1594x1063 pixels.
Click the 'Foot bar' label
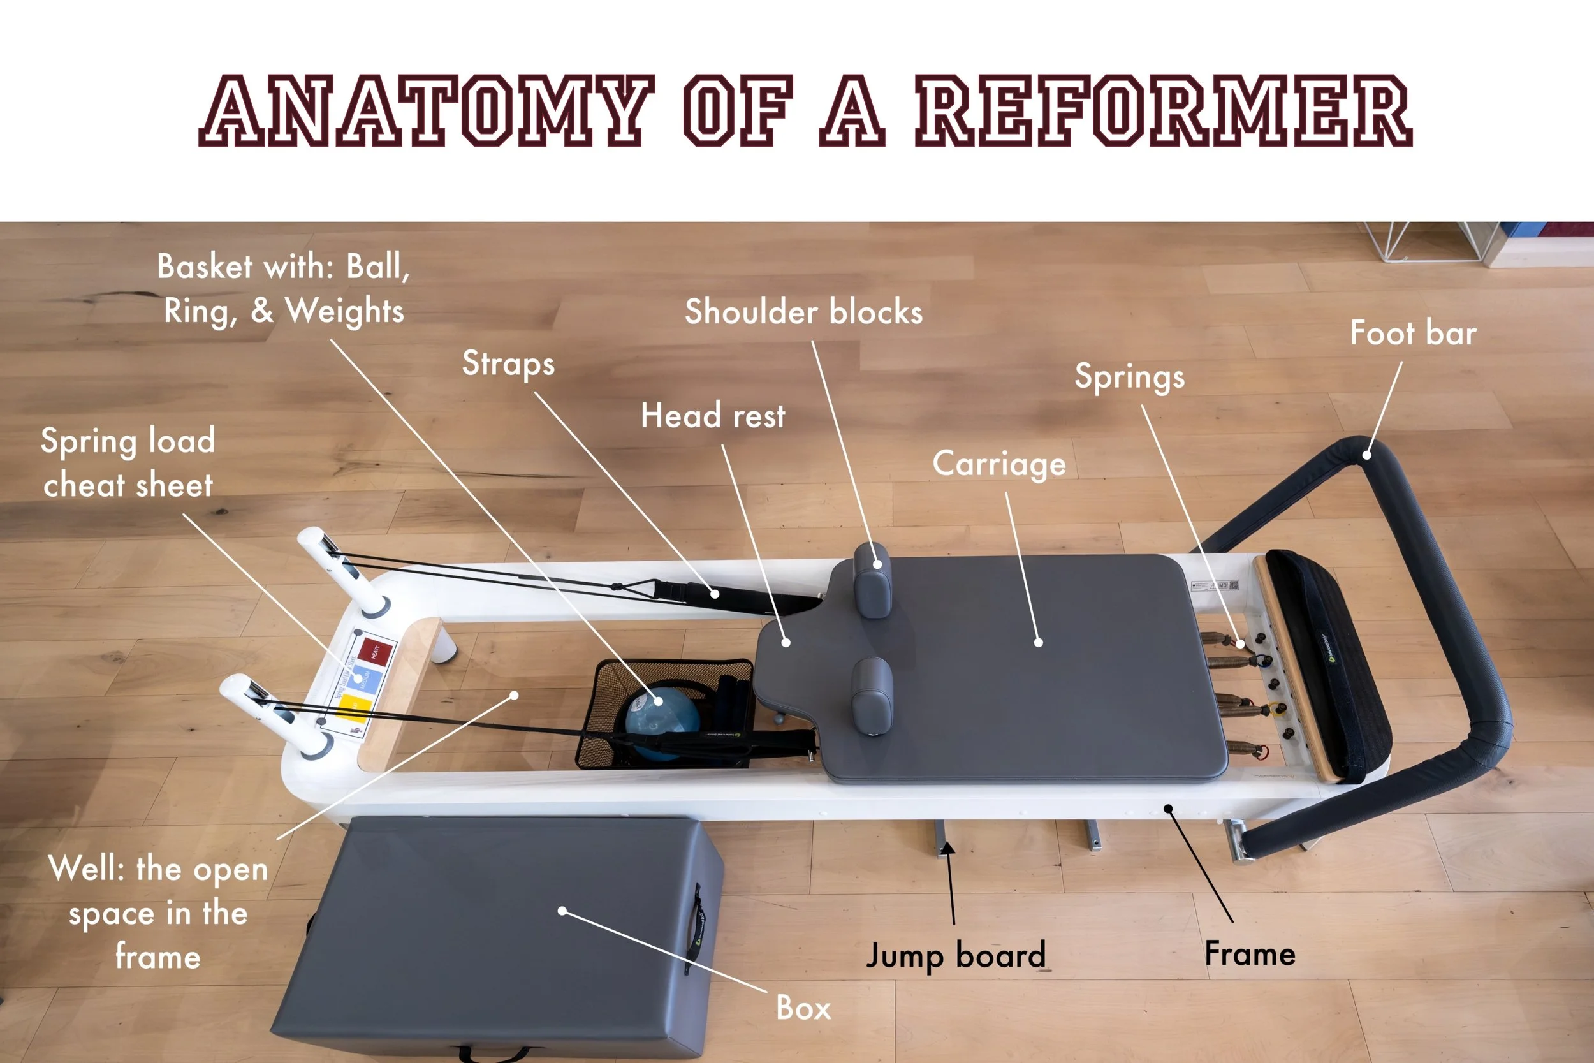(1412, 334)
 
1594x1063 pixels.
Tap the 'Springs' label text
(1129, 378)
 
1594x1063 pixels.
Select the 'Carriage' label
(999, 464)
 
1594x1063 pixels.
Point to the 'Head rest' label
(713, 415)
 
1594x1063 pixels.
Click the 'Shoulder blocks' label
(803, 312)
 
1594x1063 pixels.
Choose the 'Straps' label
(508, 364)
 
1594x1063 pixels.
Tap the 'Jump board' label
(956, 955)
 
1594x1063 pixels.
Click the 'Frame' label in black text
(1250, 953)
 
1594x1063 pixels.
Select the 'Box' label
(803, 1008)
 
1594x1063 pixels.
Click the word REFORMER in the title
(1163, 110)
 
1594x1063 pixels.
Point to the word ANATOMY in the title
(427, 110)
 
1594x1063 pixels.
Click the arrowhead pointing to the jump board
(948, 847)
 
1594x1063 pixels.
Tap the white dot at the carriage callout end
(1038, 642)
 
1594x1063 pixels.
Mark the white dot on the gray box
(562, 911)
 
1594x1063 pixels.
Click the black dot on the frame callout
(1168, 808)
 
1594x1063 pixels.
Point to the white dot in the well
(515, 695)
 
